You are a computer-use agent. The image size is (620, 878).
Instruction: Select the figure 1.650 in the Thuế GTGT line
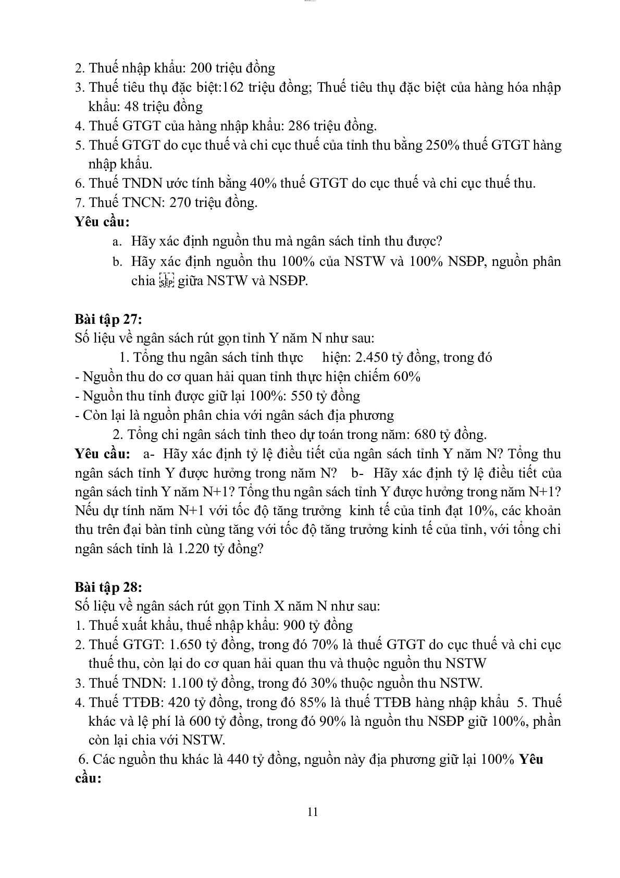(x=185, y=644)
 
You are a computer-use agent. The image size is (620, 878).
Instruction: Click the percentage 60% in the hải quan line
(x=407, y=376)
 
